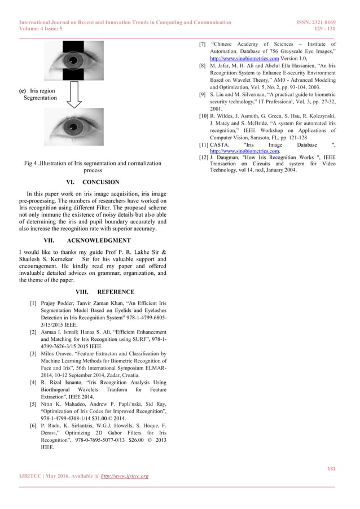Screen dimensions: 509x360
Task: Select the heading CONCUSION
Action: (100, 182)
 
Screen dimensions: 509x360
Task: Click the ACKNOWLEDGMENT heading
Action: (106, 240)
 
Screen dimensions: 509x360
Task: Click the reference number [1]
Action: (33, 303)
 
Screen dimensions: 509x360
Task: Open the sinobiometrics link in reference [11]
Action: (240, 151)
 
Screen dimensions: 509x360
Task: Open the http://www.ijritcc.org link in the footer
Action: (124, 476)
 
